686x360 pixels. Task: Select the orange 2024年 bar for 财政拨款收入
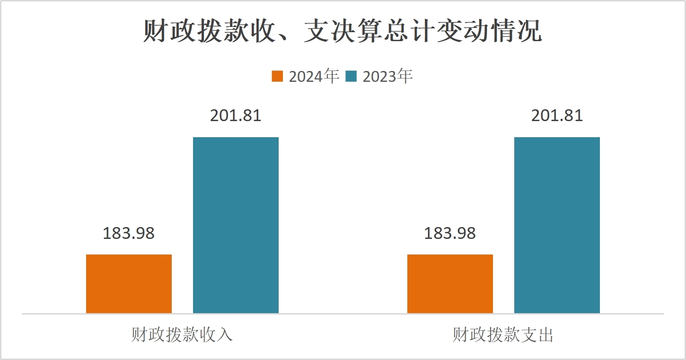tap(129, 284)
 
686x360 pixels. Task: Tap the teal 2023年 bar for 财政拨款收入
tap(236, 225)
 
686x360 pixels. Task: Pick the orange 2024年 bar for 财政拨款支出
tap(450, 284)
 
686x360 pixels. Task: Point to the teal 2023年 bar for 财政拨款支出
tap(557, 225)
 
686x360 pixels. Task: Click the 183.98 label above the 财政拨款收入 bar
tap(129, 233)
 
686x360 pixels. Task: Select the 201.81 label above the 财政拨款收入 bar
tap(236, 116)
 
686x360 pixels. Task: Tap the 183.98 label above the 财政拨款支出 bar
tap(450, 233)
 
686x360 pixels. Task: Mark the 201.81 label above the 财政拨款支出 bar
tap(557, 116)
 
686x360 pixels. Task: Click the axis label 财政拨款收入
tap(182, 335)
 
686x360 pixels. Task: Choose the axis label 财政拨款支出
tap(503, 335)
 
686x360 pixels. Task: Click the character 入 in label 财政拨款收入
tap(225, 335)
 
